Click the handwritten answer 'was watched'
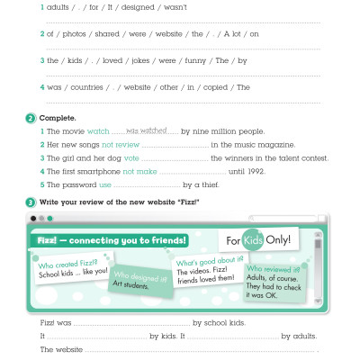[x=143, y=130]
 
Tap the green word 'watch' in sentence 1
[x=98, y=132]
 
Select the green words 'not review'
[x=121, y=145]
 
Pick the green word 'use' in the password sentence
[x=105, y=184]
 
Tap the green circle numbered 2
[x=31, y=118]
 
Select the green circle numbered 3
[x=31, y=202]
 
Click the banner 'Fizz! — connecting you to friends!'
[x=112, y=240]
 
